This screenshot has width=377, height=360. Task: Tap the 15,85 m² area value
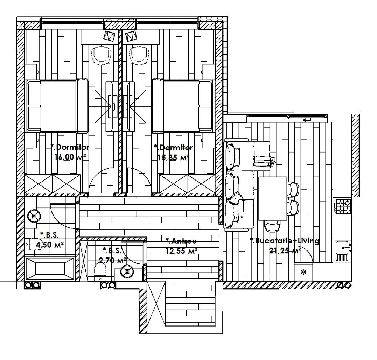pos(173,158)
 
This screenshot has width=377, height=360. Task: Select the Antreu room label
pos(181,241)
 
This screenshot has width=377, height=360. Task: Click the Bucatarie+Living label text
pos(285,241)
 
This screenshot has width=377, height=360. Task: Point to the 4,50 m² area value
pos(50,245)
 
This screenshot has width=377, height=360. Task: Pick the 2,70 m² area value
pos(112,260)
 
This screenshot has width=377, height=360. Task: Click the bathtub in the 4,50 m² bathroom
pos(50,268)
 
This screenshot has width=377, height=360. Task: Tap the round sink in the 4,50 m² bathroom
pos(34,216)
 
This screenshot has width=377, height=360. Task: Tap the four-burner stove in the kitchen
pos(344,207)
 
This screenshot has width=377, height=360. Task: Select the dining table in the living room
pos(273,198)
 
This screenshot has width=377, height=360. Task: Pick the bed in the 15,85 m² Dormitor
pos(183,106)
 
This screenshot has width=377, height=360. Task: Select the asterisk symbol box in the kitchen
pos(304,272)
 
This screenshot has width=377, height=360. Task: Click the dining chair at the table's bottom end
pos(272,225)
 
